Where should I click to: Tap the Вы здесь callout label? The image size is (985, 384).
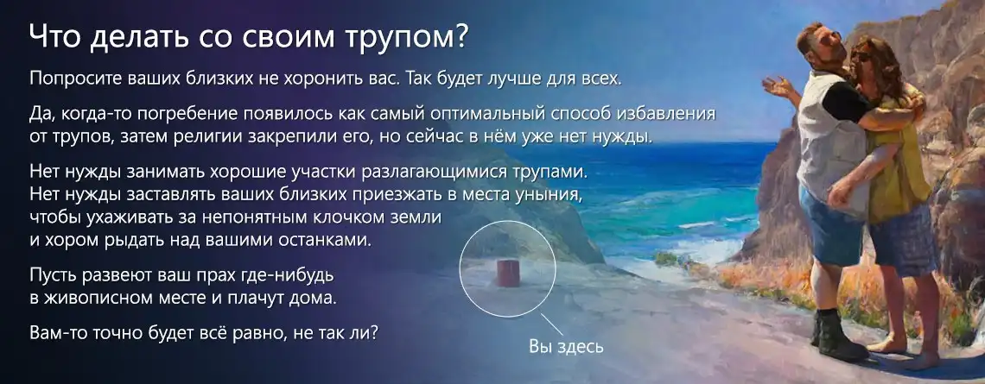(566, 346)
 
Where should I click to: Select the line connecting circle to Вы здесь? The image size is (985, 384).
(551, 324)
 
